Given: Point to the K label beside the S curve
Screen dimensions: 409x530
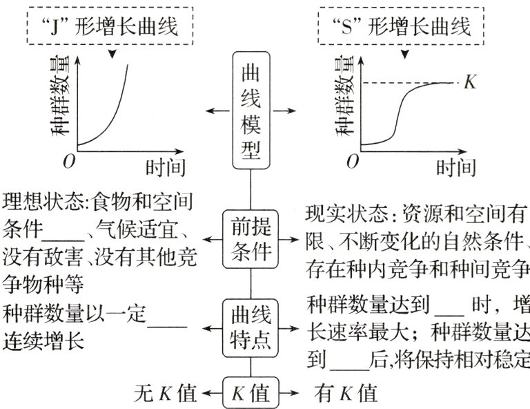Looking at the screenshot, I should pos(471,83).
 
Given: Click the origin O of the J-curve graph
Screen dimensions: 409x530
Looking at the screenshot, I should pos(68,162).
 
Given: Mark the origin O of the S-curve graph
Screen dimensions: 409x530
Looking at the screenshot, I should pos(353,162).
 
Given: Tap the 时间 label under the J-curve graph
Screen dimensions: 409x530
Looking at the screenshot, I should pos(165,168).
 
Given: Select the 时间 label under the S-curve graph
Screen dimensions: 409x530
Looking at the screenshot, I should pos(456,168).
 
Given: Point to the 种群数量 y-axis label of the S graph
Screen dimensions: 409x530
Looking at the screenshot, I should pos(344,94).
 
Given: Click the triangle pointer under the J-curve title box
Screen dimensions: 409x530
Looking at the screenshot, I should pos(112,53).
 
